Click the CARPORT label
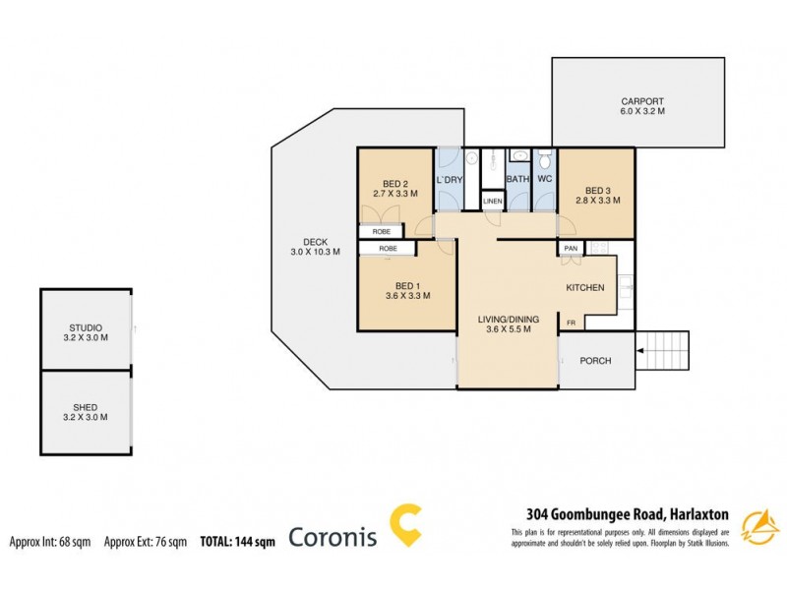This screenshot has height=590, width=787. [641, 100]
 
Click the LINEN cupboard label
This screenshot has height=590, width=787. [492, 202]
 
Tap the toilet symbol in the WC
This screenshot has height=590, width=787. [544, 157]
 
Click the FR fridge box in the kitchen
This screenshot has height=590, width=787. [570, 322]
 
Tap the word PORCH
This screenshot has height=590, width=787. [595, 361]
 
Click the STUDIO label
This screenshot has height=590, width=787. [86, 327]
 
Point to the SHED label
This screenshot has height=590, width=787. [86, 406]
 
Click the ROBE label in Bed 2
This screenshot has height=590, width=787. [380, 232]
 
